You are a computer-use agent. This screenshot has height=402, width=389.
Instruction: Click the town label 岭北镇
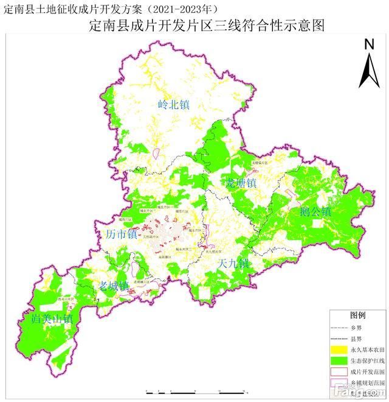pyautogui.click(x=173, y=105)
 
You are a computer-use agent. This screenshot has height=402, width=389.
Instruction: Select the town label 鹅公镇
pyautogui.click(x=315, y=213)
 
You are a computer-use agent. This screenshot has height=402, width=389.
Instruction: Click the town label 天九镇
pyautogui.click(x=233, y=264)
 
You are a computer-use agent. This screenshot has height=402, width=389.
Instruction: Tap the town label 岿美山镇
pyautogui.click(x=52, y=319)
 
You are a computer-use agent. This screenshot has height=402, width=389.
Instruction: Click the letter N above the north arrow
pyautogui.click(x=368, y=44)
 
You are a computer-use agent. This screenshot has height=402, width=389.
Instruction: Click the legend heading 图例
pyautogui.click(x=357, y=316)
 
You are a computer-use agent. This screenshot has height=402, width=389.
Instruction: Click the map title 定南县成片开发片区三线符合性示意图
pyautogui.click(x=205, y=26)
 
